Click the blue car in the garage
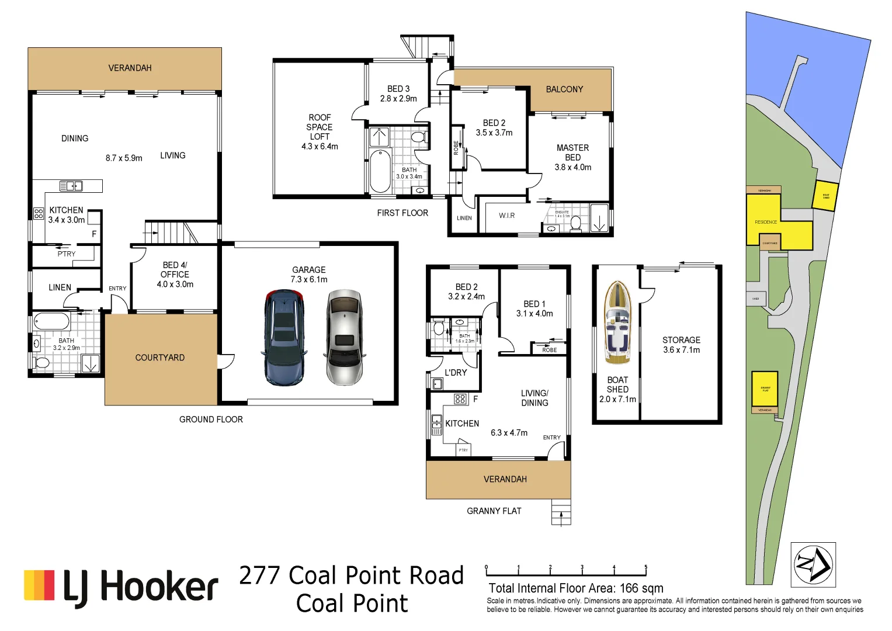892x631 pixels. coord(283,338)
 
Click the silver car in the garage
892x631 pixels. coord(344,338)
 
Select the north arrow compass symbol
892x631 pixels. coord(813,564)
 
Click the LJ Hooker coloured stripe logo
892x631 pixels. coord(39,585)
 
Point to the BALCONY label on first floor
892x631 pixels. coord(564,89)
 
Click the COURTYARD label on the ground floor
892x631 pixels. coord(159,358)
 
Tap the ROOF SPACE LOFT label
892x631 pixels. coord(320,131)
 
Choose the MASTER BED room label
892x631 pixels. coord(572,157)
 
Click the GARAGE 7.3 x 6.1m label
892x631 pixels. coord(308,275)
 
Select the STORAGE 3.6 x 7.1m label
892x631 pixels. coord(681,345)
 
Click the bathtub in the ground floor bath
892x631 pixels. coord(51,321)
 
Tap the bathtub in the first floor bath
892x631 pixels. coord(380,171)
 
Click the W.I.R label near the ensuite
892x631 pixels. coord(506,216)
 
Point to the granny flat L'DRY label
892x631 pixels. coord(456,373)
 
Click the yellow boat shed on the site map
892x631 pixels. coord(825,196)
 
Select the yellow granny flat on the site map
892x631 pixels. coord(764,389)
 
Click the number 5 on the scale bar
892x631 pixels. coord(645,567)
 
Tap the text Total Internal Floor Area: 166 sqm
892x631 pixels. coord(575,588)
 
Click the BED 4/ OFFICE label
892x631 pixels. coord(175,275)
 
